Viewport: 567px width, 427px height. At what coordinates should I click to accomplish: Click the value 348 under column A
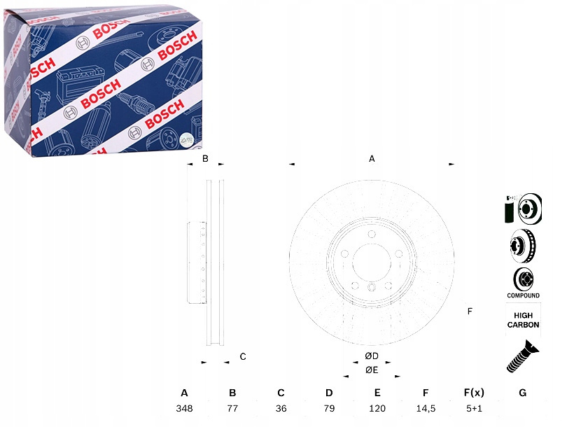pyautogui.click(x=184, y=408)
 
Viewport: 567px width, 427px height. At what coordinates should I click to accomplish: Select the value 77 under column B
pyautogui.click(x=232, y=408)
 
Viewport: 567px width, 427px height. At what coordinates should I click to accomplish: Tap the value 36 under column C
pyautogui.click(x=281, y=408)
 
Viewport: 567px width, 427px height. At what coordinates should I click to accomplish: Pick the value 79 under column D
pyautogui.click(x=329, y=408)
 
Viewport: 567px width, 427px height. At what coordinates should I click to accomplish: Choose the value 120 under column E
pyautogui.click(x=377, y=408)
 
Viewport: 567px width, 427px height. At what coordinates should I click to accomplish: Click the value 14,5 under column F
pyautogui.click(x=426, y=409)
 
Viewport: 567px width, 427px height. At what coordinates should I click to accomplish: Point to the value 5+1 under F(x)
pyautogui.click(x=474, y=408)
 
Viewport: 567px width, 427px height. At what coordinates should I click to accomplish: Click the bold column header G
pyautogui.click(x=522, y=393)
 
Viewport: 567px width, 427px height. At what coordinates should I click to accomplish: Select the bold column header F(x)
pyautogui.click(x=474, y=393)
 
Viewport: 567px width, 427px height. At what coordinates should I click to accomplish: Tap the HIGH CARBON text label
pyautogui.click(x=523, y=320)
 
